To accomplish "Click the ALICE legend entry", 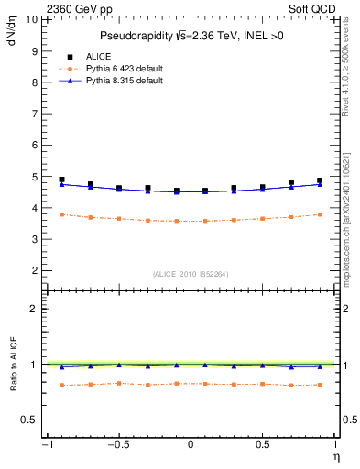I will [99, 56].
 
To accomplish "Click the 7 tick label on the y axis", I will [34, 114].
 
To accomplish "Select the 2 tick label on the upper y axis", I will [34, 271].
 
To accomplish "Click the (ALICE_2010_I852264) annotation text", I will [191, 274].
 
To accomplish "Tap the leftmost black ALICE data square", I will [61, 180].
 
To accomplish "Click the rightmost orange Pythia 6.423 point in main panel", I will [320, 214].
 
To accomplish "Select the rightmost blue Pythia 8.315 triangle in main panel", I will [320, 184].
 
